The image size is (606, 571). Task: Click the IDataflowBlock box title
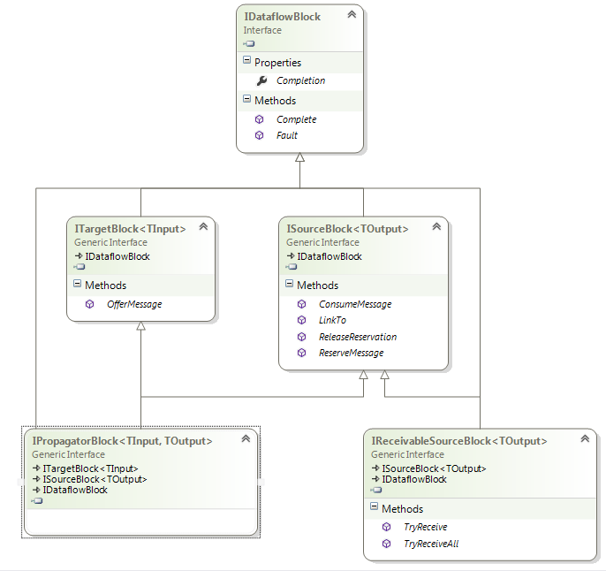click(282, 16)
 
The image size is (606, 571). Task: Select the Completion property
click(300, 80)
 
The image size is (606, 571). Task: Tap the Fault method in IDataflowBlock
click(287, 135)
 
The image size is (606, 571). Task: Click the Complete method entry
click(296, 119)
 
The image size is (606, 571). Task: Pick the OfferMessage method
click(134, 304)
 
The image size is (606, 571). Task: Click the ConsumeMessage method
click(355, 304)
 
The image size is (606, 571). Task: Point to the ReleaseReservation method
click(358, 337)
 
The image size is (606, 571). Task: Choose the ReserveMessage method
click(352, 353)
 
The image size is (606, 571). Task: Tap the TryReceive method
click(425, 527)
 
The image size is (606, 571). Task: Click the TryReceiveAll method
click(431, 544)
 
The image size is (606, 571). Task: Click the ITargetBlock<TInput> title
click(130, 229)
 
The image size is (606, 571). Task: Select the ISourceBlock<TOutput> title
click(347, 229)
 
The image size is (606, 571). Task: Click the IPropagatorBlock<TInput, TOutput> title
click(122, 440)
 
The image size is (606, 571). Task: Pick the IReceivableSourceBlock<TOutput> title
click(459, 440)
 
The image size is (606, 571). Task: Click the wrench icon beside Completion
click(261, 80)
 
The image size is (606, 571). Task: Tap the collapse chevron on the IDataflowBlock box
click(352, 15)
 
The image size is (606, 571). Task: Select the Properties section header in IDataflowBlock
click(277, 63)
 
